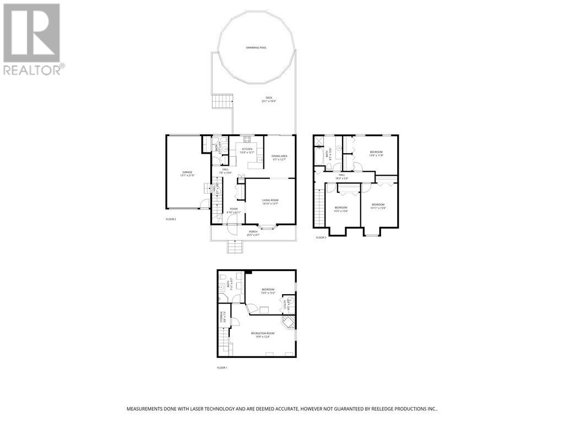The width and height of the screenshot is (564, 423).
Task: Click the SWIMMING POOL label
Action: pyautogui.click(x=256, y=48)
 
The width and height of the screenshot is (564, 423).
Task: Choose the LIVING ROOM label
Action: pyautogui.click(x=270, y=202)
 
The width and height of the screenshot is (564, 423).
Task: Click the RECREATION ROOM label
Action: pyautogui.click(x=263, y=334)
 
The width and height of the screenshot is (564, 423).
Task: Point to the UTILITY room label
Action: pyautogui.click(x=285, y=305)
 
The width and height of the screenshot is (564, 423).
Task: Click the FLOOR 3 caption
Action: pyautogui.click(x=321, y=237)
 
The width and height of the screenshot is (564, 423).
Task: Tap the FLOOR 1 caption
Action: pyautogui.click(x=222, y=367)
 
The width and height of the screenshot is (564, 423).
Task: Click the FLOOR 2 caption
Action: pyautogui.click(x=171, y=219)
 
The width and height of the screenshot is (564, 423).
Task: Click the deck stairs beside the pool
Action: pyautogui.click(x=223, y=101)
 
